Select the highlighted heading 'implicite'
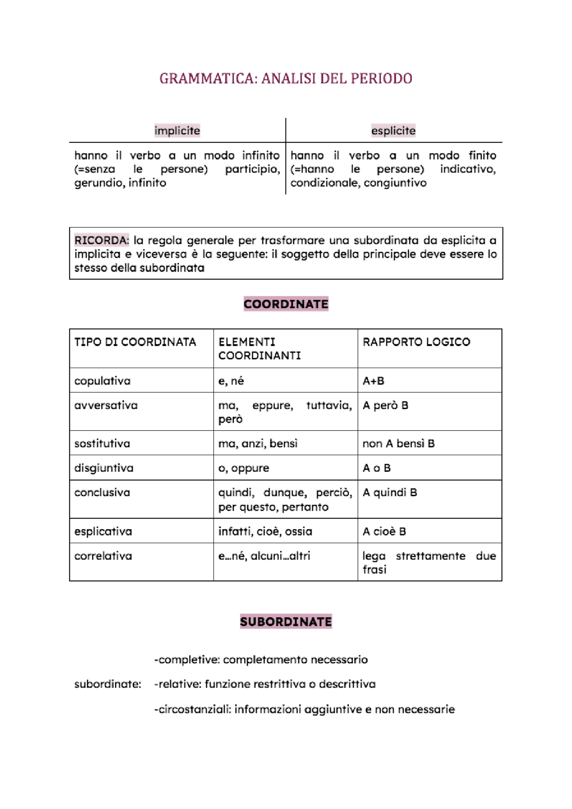(177, 131)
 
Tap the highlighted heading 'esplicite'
(393, 131)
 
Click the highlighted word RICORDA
(101, 240)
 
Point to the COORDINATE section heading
(286, 304)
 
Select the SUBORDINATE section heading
(286, 622)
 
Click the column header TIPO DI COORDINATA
(135, 342)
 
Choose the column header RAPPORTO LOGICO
(416, 342)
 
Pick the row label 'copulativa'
(102, 381)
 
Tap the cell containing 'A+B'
(374, 381)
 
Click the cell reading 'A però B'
(385, 406)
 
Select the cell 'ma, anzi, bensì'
(258, 444)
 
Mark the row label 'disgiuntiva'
(104, 468)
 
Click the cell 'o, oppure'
(244, 468)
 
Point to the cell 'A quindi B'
(390, 493)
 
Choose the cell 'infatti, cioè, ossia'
(265, 532)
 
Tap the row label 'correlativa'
(103, 556)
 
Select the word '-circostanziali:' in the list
(193, 709)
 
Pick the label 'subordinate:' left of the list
(108, 684)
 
